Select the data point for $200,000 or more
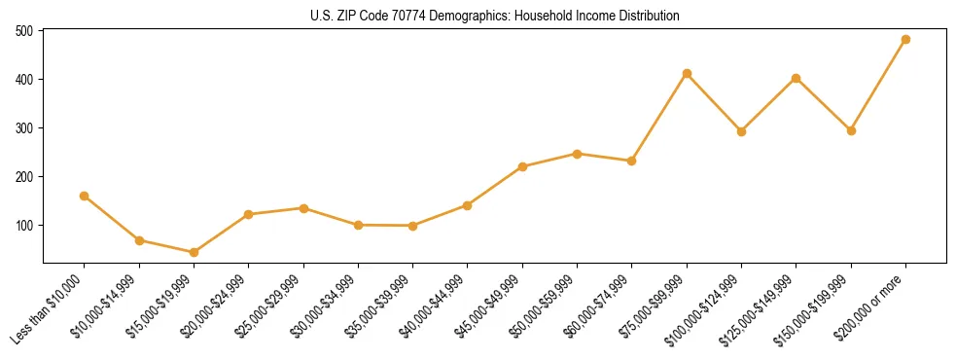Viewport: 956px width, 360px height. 905,40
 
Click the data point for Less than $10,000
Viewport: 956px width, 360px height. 85,196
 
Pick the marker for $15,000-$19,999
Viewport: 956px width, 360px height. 195,252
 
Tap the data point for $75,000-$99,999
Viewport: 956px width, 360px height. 687,73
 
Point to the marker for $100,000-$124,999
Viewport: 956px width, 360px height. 741,131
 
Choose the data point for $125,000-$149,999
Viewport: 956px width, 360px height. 797,78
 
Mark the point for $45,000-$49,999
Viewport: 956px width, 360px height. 522,166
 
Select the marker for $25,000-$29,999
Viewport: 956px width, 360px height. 303,208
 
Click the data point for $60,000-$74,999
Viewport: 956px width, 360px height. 632,161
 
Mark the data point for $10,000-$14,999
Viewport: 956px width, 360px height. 139,240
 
